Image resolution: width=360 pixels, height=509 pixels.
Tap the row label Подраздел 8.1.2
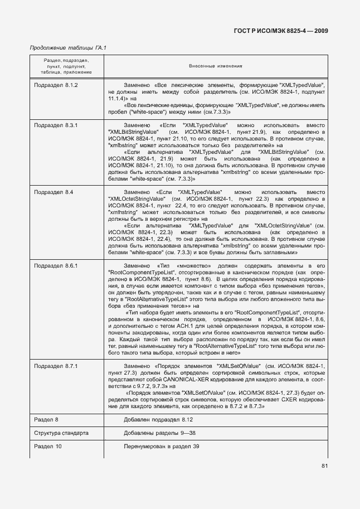tap(56, 84)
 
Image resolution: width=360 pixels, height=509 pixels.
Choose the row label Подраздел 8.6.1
tap(56, 265)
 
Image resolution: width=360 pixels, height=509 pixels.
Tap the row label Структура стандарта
tap(61, 433)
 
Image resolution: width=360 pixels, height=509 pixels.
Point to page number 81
tap(325, 466)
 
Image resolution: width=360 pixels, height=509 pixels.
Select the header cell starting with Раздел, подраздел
tap(61, 65)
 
